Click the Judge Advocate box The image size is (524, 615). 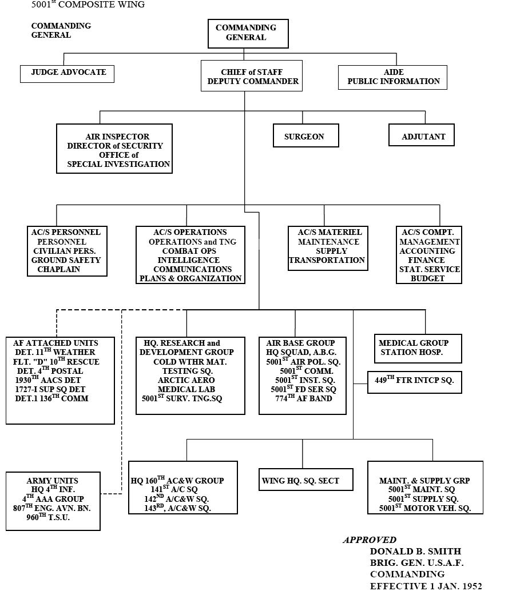point(68,73)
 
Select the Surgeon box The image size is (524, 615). point(305,136)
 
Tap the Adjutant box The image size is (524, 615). point(421,135)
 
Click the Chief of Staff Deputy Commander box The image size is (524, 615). point(244,76)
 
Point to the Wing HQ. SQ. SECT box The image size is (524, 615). point(305,480)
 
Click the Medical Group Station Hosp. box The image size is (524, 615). point(418,348)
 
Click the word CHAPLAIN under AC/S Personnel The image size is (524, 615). point(59,269)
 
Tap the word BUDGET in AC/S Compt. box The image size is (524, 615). point(427,278)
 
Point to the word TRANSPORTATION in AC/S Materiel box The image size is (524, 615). point(327,260)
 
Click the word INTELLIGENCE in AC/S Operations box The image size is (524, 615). point(189,260)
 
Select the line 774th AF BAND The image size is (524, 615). point(303,398)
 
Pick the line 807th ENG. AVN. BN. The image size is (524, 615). point(52,508)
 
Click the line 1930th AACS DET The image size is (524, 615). point(48,380)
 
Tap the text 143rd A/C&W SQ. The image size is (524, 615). point(177,508)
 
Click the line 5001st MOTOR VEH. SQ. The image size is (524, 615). point(425,508)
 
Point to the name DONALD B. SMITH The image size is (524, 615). point(415,552)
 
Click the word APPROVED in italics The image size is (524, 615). point(370,540)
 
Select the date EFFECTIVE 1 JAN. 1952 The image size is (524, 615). point(426,586)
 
